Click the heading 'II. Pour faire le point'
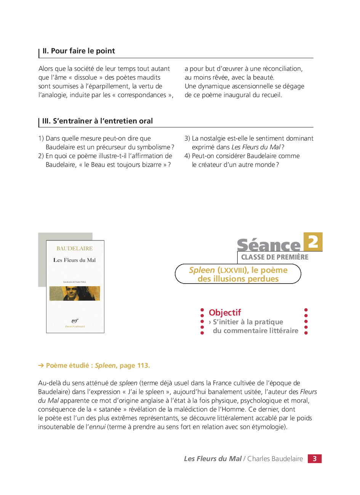78,51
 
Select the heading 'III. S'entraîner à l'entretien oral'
98,121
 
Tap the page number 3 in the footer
315,459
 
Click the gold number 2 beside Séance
313,242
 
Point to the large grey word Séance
269,245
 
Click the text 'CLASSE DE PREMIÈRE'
275,257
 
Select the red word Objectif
225,312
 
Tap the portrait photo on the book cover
75,293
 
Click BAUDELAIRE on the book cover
75,248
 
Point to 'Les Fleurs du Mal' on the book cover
75,260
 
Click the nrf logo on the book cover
75,321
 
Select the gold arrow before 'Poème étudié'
41,365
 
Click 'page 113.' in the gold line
135,365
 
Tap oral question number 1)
41,138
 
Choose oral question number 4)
187,156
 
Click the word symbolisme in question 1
154,147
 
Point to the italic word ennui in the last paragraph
97,427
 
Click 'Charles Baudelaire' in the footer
275,459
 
